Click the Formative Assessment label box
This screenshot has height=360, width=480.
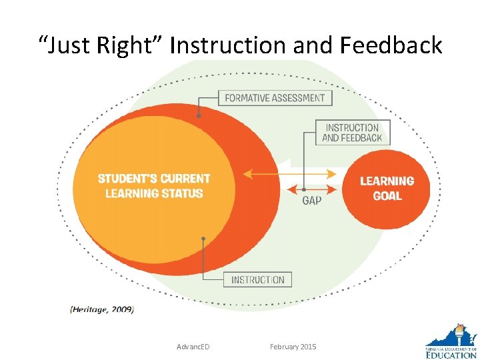click(275, 98)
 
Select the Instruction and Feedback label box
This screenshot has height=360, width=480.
click(352, 133)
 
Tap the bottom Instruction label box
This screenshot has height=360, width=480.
click(257, 280)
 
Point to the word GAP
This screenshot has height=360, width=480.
click(311, 200)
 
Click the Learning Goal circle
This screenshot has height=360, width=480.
click(387, 189)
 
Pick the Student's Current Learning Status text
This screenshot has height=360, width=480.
click(154, 186)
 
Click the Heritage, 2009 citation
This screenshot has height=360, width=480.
click(102, 309)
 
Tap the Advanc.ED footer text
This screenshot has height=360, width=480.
click(193, 347)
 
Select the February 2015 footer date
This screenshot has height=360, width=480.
click(293, 347)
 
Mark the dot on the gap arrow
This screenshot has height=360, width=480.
click(304, 189)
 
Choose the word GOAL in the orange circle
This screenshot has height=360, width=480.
click(387, 196)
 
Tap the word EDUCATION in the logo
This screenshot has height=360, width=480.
click(451, 354)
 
